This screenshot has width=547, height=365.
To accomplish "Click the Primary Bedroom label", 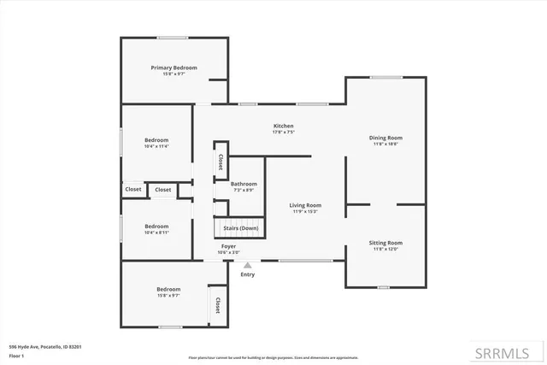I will click(174, 68).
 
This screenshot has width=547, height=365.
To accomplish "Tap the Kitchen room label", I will click(283, 127).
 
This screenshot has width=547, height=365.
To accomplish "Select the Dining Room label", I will click(385, 138).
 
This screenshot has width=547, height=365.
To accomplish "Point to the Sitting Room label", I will click(385, 243).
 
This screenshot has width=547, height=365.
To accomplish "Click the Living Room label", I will click(305, 205).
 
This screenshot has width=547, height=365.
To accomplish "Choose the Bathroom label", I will click(244, 184).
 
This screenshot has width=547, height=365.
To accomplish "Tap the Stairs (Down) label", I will click(241, 228).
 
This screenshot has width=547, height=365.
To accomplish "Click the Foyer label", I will click(228, 246).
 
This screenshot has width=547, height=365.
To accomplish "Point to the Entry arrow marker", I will click(248, 266).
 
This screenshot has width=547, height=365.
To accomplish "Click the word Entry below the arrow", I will click(248, 274).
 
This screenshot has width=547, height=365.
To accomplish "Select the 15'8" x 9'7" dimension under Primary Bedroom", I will click(174, 74).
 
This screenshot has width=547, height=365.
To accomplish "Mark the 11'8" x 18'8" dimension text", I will click(385, 144).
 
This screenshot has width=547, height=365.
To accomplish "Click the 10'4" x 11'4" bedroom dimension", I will click(156, 146).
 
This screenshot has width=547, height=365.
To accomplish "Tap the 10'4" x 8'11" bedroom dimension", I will click(156, 209).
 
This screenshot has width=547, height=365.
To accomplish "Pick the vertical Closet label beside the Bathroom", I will click(220, 161).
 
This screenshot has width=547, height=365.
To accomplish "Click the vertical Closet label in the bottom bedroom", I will click(217, 305).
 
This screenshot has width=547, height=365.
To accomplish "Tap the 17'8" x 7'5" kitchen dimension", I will click(283, 132).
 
